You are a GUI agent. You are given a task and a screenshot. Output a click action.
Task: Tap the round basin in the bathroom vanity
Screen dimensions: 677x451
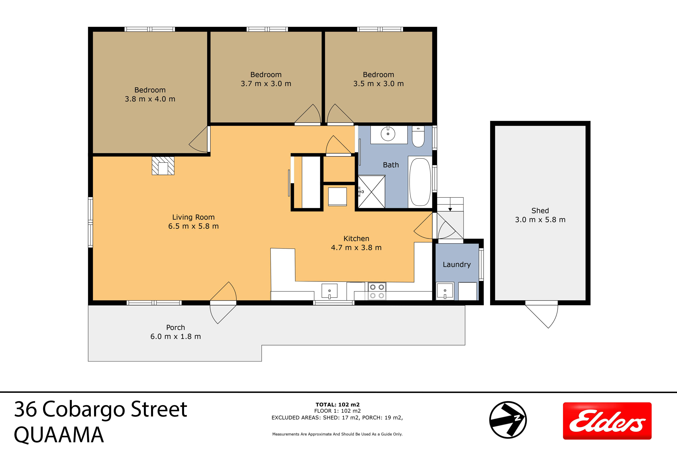click(388, 134)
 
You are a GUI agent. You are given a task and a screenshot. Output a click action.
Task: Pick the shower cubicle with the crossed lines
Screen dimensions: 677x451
click(371, 192)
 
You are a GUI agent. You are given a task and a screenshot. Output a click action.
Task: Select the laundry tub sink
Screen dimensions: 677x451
click(445, 291)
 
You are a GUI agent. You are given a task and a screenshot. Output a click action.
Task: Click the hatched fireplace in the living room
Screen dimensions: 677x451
click(163, 166)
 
